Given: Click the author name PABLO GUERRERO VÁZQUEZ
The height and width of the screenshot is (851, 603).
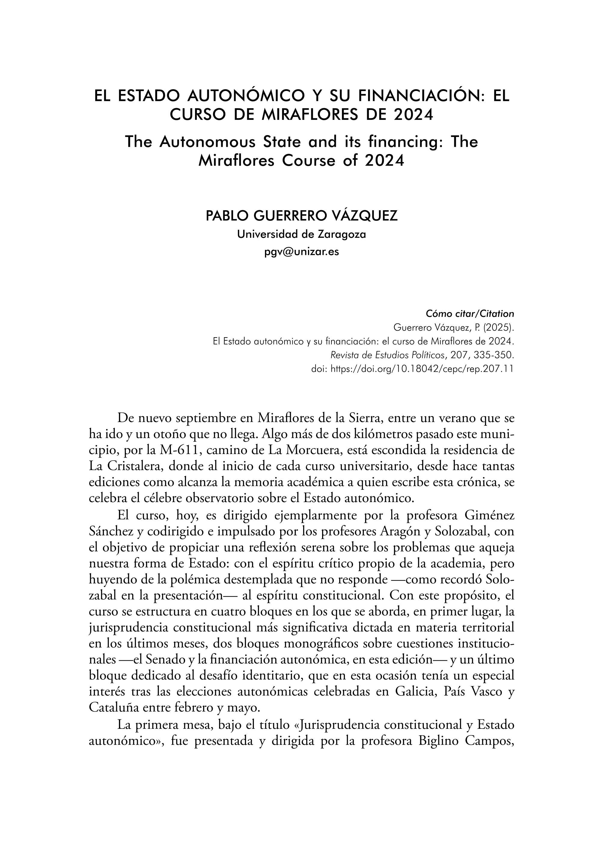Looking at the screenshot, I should (x=302, y=216).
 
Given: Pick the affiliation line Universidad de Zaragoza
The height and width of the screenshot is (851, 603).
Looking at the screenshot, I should (x=302, y=235).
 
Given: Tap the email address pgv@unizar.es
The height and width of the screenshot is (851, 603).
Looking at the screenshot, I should (x=302, y=252).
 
